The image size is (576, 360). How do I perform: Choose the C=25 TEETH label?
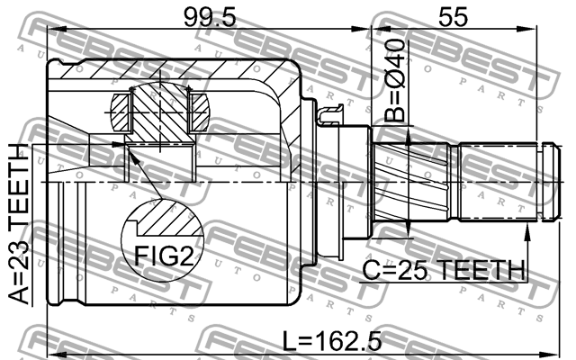tap(444, 269)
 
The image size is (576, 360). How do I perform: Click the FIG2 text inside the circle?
tap(163, 255)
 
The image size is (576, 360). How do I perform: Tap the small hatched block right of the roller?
tap(200, 115)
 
